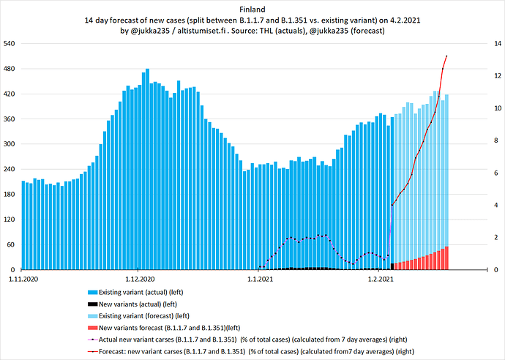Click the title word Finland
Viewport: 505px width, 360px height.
coord(252,10)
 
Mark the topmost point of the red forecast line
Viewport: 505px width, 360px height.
coord(446,56)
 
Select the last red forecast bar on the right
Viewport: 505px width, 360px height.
coord(446,258)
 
